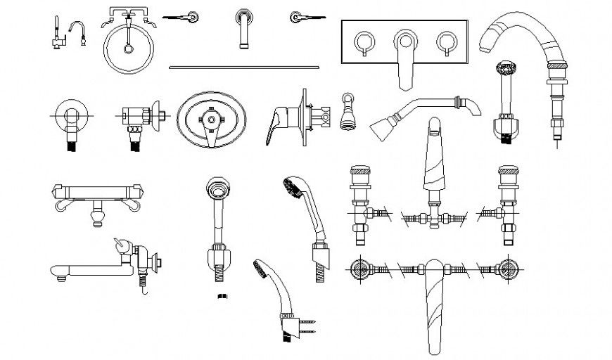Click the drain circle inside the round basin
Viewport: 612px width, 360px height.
point(128,49)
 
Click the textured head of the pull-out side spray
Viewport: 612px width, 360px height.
point(506,70)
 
